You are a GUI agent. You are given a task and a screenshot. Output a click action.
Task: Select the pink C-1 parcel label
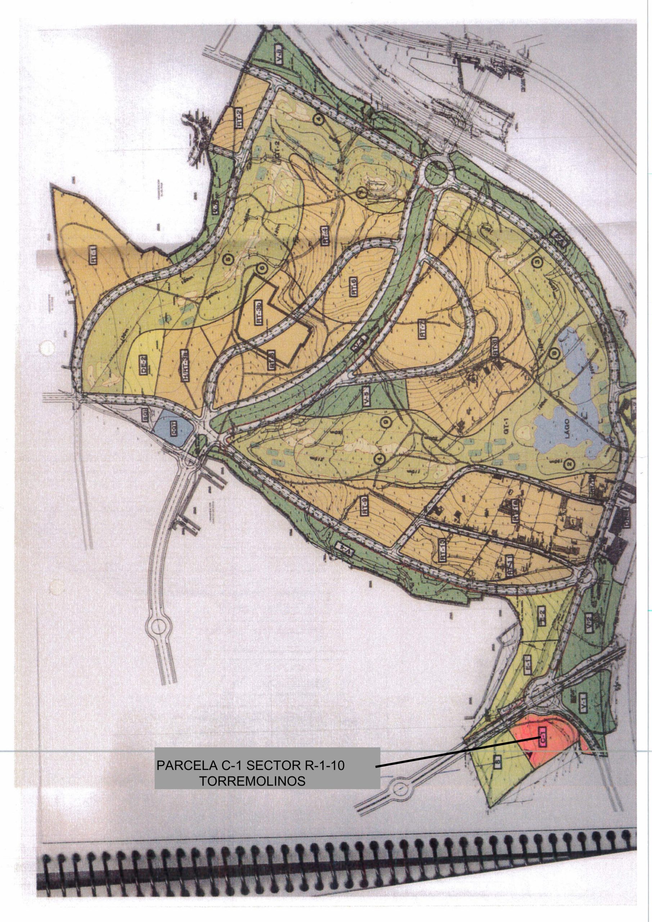point(542,738)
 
